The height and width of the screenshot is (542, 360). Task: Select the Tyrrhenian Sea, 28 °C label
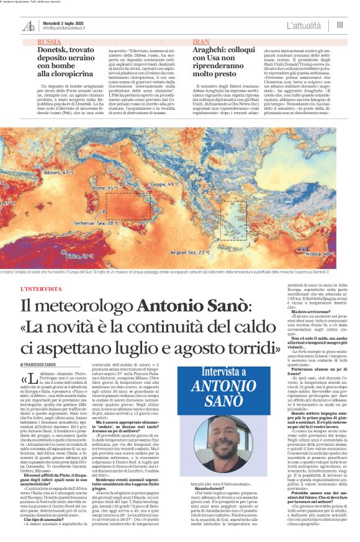pyautogui.click(x=96, y=222)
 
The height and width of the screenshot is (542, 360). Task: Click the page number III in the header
pyautogui.click(x=340, y=25)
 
